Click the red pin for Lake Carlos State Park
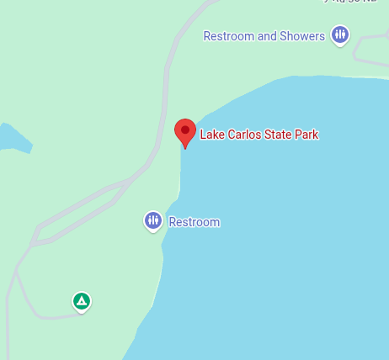(x=185, y=133)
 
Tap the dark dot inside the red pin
(x=185, y=130)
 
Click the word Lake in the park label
(x=211, y=134)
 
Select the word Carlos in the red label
(x=243, y=134)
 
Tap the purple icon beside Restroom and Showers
(x=340, y=34)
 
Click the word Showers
(x=303, y=36)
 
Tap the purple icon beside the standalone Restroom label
(x=152, y=220)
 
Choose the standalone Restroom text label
(x=194, y=222)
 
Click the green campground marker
(x=81, y=300)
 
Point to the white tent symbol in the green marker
(x=81, y=300)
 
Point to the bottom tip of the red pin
(x=185, y=148)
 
